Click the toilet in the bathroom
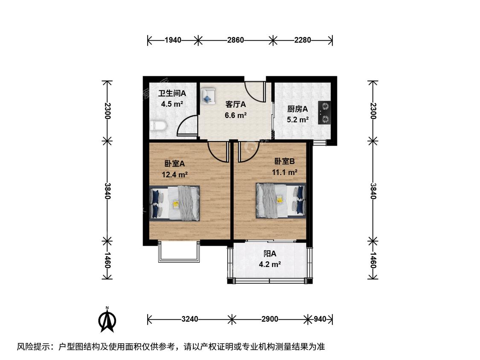pos(158,125)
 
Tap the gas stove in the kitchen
pos(324,113)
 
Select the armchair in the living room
pos(208,96)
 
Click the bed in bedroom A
pos(175,203)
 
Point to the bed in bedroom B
pos(281,200)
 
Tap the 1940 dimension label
pos(173,40)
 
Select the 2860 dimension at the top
pos(236,40)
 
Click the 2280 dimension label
pos(303,40)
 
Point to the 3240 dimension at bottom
pos(190,319)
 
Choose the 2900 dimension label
pos(270,319)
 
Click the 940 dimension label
pos(320,319)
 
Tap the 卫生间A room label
pos(172,93)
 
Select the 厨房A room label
pos(297,109)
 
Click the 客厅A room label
pos(236,105)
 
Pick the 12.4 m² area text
pos(175,175)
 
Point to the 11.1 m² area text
pos(285,172)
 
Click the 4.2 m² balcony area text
pos(270,264)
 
